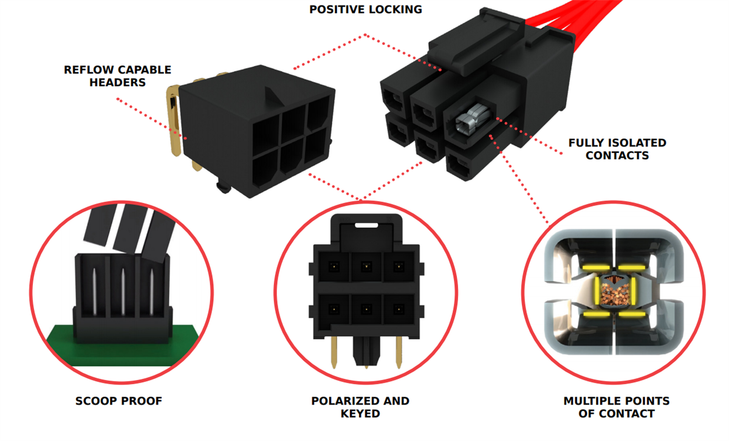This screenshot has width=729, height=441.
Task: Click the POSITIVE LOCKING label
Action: pyautogui.click(x=366, y=9)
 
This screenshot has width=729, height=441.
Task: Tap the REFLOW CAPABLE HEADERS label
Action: pyautogui.click(x=117, y=76)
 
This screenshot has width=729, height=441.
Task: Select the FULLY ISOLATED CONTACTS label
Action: pyautogui.click(x=617, y=149)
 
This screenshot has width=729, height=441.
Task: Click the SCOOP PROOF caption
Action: pyautogui.click(x=118, y=401)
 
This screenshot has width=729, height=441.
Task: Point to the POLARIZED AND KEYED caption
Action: pyautogui.click(x=360, y=407)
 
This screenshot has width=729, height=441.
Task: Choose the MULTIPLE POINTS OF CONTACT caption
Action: pyautogui.click(x=616, y=407)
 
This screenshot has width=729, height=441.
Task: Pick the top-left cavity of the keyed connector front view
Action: pyautogui.click(x=332, y=266)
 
